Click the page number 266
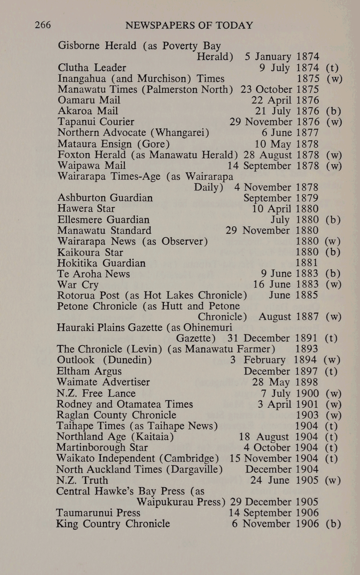[43, 25]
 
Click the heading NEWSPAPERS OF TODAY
[189, 25]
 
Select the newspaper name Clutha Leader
[92, 68]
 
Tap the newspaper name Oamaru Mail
[89, 100]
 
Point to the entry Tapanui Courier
[96, 122]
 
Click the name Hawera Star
[86, 209]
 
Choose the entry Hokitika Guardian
[101, 263]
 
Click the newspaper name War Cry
[78, 285]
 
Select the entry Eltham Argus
[89, 371]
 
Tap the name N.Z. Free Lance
[96, 393]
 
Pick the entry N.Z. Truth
[82, 480]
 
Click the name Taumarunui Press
[98, 513]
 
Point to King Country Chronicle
[113, 524]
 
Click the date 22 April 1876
[285, 100]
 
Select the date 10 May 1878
[286, 144]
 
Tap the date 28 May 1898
[285, 382]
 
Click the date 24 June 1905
[284, 480]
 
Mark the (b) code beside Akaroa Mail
[334, 111]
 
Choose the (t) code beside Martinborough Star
[331, 447]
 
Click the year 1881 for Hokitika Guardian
[307, 263]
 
